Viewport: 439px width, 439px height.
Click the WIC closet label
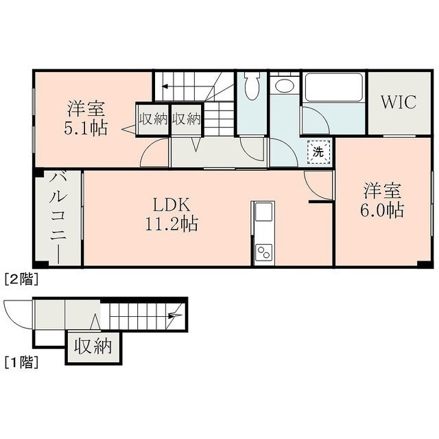click(x=399, y=102)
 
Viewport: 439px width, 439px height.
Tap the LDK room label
click(x=171, y=205)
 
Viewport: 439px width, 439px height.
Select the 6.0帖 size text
click(x=382, y=211)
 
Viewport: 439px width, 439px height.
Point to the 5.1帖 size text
click(x=86, y=128)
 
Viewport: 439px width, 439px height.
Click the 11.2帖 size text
click(x=171, y=224)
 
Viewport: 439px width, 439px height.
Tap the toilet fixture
click(x=252, y=85)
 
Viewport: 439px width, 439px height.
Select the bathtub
click(x=333, y=87)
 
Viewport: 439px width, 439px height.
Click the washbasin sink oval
click(x=284, y=85)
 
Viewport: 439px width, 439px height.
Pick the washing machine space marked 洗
click(x=318, y=152)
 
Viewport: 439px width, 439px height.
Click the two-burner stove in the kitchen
click(x=264, y=252)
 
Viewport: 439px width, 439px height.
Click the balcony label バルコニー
click(x=58, y=218)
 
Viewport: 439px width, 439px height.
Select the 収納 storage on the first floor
click(x=93, y=346)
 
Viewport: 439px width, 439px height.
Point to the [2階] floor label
click(x=21, y=279)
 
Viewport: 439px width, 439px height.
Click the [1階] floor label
click(x=21, y=362)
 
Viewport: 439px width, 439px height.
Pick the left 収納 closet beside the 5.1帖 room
click(x=153, y=120)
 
